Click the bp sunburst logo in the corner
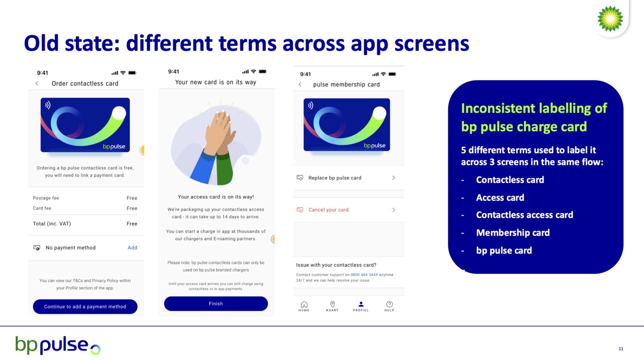point(610,19)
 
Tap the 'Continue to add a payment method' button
point(85,307)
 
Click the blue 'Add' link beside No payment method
point(132,248)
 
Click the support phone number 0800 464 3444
point(364,275)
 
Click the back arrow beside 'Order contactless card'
point(37,83)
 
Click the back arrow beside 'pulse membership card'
point(300,84)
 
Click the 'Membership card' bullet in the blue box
point(513,233)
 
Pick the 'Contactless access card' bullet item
point(524,215)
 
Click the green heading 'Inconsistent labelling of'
point(534,108)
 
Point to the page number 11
point(621,348)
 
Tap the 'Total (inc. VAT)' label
point(52,224)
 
